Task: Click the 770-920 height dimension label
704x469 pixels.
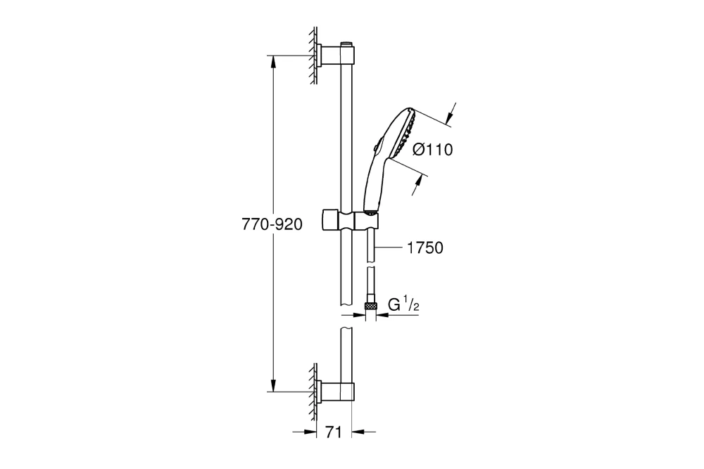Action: [x=271, y=225]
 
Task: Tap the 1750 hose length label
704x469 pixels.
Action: [x=424, y=248]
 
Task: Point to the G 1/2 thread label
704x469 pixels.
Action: [x=405, y=304]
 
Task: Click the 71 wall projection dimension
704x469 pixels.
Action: [x=333, y=432]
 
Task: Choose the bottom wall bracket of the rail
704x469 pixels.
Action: [x=337, y=391]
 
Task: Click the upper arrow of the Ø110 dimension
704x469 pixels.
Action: [x=450, y=113]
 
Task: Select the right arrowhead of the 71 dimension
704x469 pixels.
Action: [x=356, y=432]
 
